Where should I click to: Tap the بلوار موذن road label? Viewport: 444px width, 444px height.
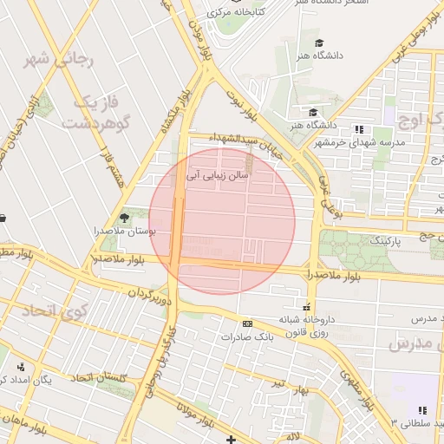coord(202,38)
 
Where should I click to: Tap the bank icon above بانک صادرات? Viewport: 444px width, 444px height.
coord(248,323)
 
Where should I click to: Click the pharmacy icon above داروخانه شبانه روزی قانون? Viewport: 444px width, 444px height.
coord(306,307)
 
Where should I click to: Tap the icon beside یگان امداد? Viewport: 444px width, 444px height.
coord(3,380)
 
